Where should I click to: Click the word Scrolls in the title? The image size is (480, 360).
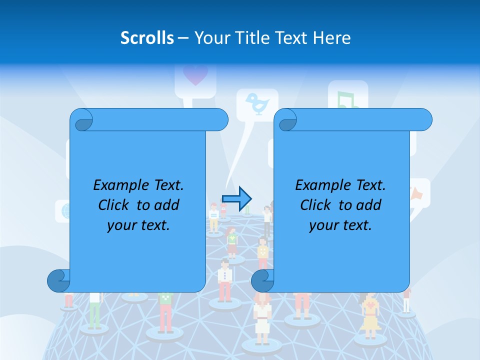point(147,38)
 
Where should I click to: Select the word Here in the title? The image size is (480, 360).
point(332,38)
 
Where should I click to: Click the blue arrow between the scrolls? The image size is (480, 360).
point(236,198)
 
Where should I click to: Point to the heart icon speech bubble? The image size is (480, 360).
point(195,76)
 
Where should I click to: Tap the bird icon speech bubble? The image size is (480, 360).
point(257,103)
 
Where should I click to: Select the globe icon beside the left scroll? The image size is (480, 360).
point(64,211)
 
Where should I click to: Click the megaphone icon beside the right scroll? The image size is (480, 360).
point(418,193)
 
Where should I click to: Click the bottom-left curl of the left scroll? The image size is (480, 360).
point(58,281)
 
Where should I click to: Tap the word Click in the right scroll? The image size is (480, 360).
point(315,205)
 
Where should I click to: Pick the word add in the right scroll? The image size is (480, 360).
point(369,205)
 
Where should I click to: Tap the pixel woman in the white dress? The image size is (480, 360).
point(261,320)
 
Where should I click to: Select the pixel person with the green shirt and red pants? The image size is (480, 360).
point(165,310)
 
